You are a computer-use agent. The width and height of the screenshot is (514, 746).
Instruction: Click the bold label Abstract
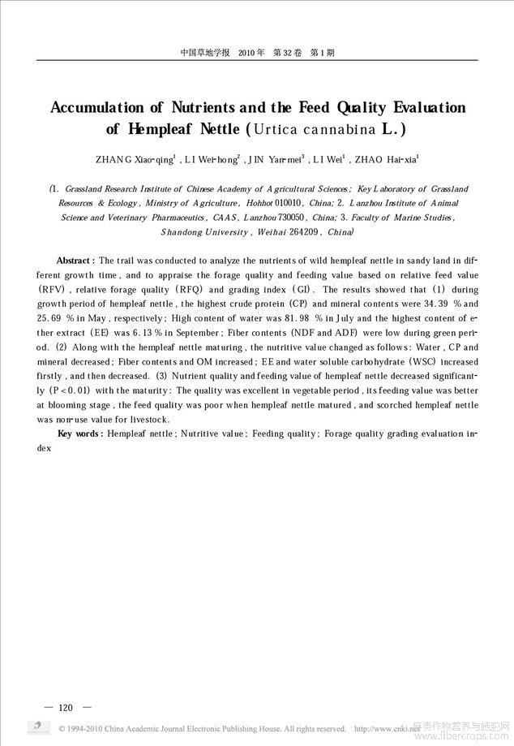click(75, 261)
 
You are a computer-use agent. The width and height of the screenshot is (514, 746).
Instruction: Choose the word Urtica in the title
click(276, 129)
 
